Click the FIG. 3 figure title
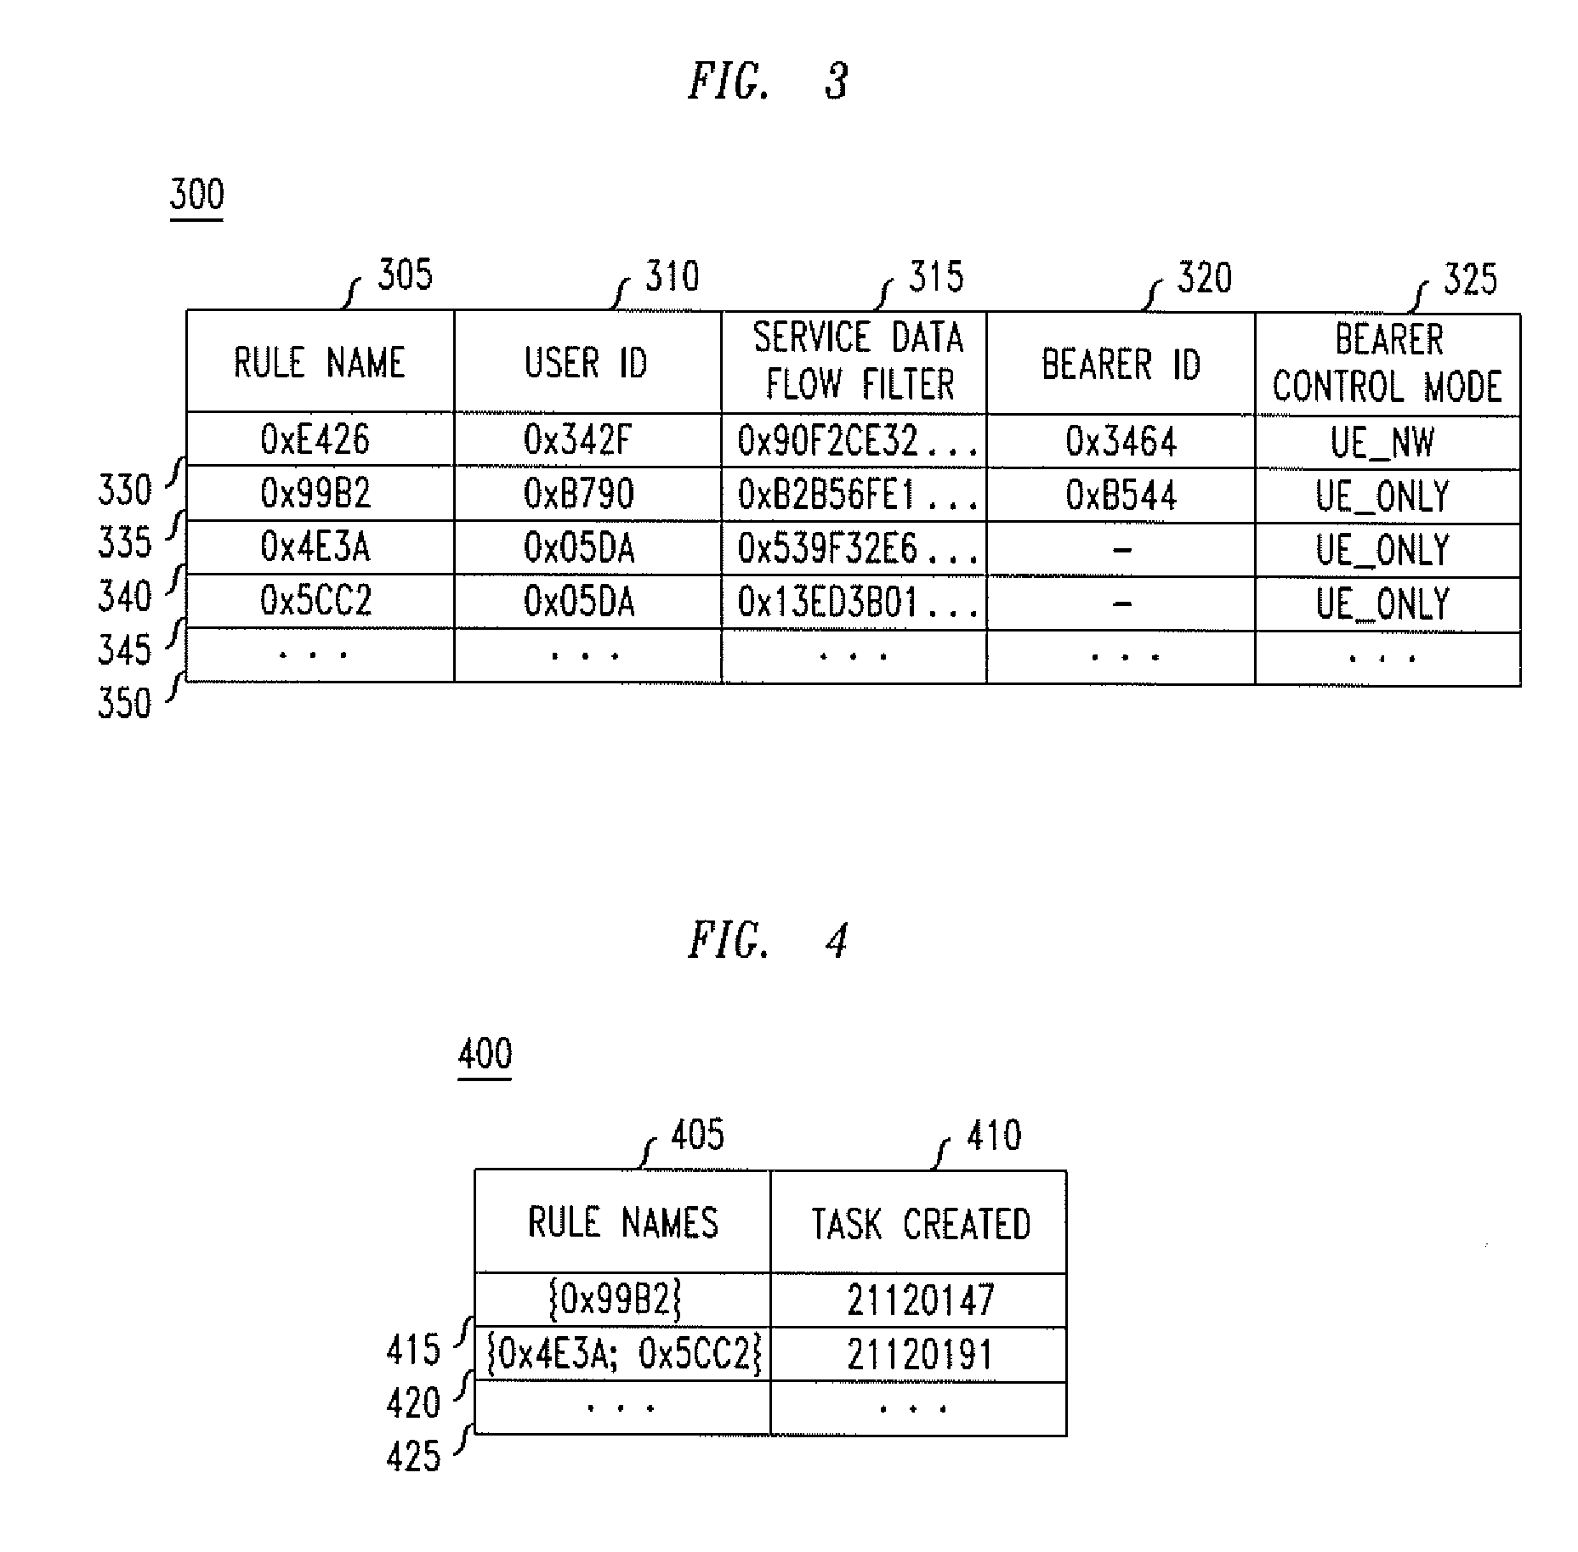click(769, 82)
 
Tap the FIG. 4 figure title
click(769, 942)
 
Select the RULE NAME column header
click(320, 363)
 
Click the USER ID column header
click(586, 364)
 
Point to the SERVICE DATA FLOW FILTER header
click(857, 361)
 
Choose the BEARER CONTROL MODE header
click(1388, 364)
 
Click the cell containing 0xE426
click(315, 440)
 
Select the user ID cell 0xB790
click(579, 495)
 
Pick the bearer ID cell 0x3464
click(1121, 442)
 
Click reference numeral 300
click(197, 195)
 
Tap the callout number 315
click(936, 278)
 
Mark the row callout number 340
click(124, 597)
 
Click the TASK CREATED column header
click(920, 1224)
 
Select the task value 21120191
click(920, 1355)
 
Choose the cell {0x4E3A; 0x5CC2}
click(624, 1355)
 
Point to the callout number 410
click(993, 1136)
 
